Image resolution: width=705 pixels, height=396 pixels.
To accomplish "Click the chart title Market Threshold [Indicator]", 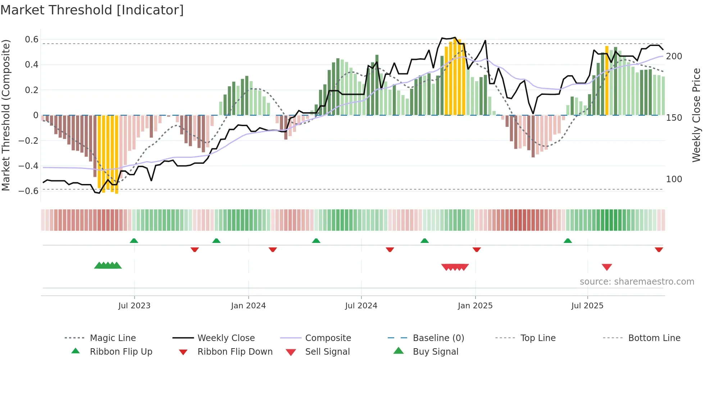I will [x=92, y=10].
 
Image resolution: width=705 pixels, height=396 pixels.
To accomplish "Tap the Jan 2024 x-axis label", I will [x=248, y=306].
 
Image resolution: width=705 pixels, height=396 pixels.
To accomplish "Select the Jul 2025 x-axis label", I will [x=587, y=306].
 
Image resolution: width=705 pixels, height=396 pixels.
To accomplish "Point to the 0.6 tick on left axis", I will [x=32, y=40].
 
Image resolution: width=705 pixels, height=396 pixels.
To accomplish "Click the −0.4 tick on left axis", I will [x=29, y=166].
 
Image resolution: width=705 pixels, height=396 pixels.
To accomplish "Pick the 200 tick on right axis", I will [x=674, y=56].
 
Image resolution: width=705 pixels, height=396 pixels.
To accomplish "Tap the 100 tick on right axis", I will [x=674, y=179].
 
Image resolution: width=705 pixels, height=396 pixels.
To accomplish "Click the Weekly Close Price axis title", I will [x=696, y=115].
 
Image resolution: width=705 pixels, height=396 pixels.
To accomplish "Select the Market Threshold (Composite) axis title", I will [x=6, y=115].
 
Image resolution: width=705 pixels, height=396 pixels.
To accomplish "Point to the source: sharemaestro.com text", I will [x=637, y=282].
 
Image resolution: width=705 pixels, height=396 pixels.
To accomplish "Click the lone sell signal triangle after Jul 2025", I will [x=607, y=267].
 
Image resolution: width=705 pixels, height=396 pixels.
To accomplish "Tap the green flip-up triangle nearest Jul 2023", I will [x=134, y=240].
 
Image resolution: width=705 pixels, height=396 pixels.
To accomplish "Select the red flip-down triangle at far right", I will [x=659, y=249].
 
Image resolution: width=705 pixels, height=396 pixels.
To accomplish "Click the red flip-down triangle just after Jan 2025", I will [x=477, y=249].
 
